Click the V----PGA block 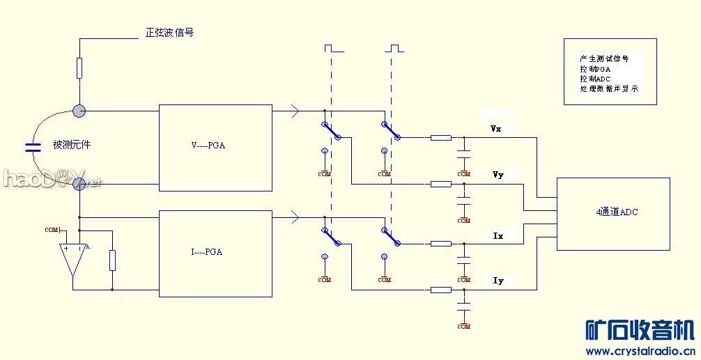click(215, 147)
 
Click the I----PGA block click(215, 253)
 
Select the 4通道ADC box click(613, 213)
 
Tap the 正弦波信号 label click(169, 33)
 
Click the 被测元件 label click(72, 145)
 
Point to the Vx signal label click(496, 129)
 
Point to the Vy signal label click(498, 175)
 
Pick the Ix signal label click(498, 236)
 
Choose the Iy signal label click(498, 281)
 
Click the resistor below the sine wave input click(79, 68)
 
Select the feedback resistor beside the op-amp click(112, 260)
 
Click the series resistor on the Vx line click(440, 138)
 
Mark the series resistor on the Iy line click(440, 290)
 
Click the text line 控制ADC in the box click(595, 79)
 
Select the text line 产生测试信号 click(604, 59)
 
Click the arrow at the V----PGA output click(295, 111)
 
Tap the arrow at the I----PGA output click(295, 218)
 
